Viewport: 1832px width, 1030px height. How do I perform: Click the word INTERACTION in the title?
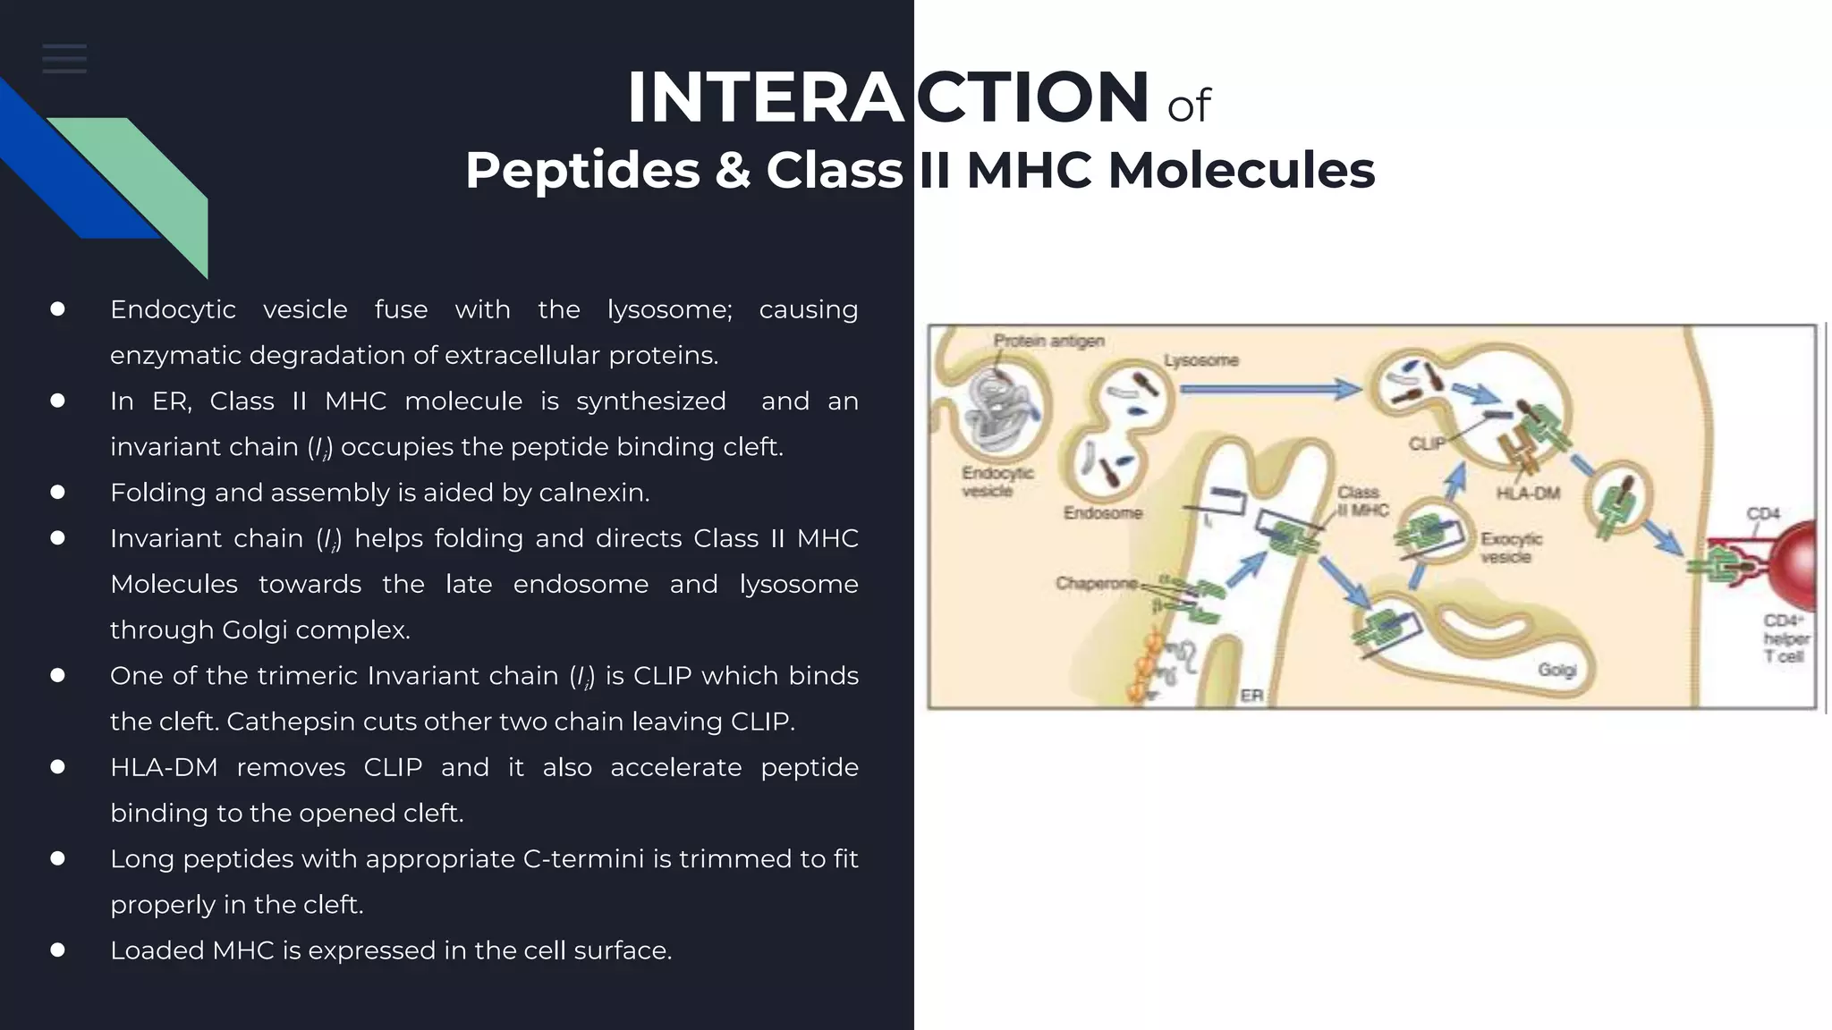[x=887, y=98]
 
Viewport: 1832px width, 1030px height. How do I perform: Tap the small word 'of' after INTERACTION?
[x=1188, y=107]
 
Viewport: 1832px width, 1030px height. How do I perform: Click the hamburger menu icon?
[x=64, y=59]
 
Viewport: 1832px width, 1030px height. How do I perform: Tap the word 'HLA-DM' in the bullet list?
[x=164, y=767]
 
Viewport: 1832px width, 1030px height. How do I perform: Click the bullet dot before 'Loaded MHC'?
[x=58, y=950]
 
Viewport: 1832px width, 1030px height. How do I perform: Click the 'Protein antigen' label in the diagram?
[x=1048, y=341]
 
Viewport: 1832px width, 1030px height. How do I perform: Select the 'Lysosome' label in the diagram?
[x=1200, y=360]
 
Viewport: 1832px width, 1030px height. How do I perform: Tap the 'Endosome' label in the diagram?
[x=1102, y=513]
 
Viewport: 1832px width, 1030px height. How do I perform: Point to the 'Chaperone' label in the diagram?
[x=1096, y=584]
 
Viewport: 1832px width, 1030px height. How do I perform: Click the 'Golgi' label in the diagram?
[x=1556, y=670]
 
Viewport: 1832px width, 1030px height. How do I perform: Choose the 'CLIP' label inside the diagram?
[x=1426, y=443]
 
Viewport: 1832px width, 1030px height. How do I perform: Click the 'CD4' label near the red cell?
[x=1762, y=513]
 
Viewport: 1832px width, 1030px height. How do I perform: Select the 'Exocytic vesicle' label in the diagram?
[x=1510, y=547]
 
